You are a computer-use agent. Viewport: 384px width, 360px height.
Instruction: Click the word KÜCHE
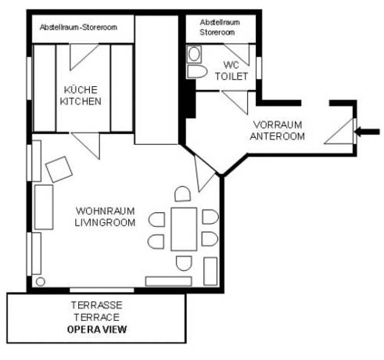[x=82, y=89]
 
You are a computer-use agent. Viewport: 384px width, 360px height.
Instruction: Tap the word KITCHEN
[x=82, y=101]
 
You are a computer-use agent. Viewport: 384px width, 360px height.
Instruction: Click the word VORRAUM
[x=278, y=124]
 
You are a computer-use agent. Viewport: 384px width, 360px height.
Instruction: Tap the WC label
[x=231, y=64]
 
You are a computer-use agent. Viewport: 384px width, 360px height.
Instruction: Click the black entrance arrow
[x=368, y=130]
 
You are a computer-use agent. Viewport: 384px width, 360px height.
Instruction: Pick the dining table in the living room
[x=185, y=228]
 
